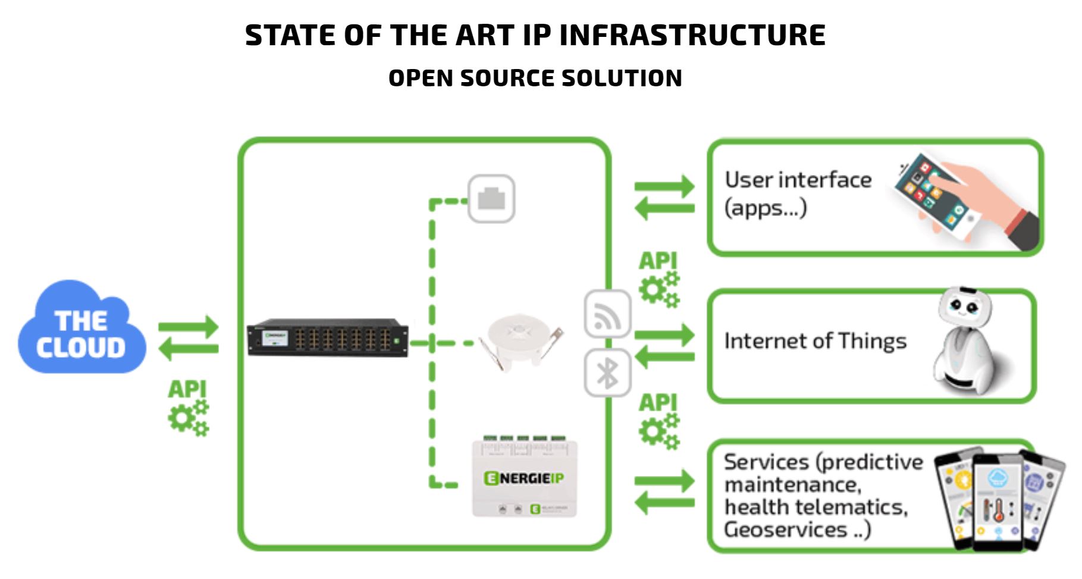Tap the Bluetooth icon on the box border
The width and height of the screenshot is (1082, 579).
click(x=607, y=374)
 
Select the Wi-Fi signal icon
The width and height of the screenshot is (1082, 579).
click(x=607, y=314)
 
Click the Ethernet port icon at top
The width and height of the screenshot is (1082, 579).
click(x=491, y=199)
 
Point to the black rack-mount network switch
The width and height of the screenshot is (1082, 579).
click(x=328, y=338)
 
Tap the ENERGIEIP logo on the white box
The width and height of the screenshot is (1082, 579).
click(x=523, y=478)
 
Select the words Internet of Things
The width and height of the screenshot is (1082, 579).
click(x=815, y=341)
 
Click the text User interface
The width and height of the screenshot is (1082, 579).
click(x=798, y=180)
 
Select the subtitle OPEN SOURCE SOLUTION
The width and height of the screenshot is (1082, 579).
click(x=535, y=78)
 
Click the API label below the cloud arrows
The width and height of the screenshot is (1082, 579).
click(x=187, y=389)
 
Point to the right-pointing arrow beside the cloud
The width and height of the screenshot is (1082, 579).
click(x=189, y=327)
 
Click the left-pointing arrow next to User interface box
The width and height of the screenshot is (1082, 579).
click(x=664, y=208)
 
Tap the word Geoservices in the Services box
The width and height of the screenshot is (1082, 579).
click(x=785, y=530)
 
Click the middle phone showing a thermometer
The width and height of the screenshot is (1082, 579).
click(x=997, y=502)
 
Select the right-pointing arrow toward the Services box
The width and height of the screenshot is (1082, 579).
click(x=664, y=481)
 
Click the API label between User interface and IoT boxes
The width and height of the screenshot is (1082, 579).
click(x=657, y=261)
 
